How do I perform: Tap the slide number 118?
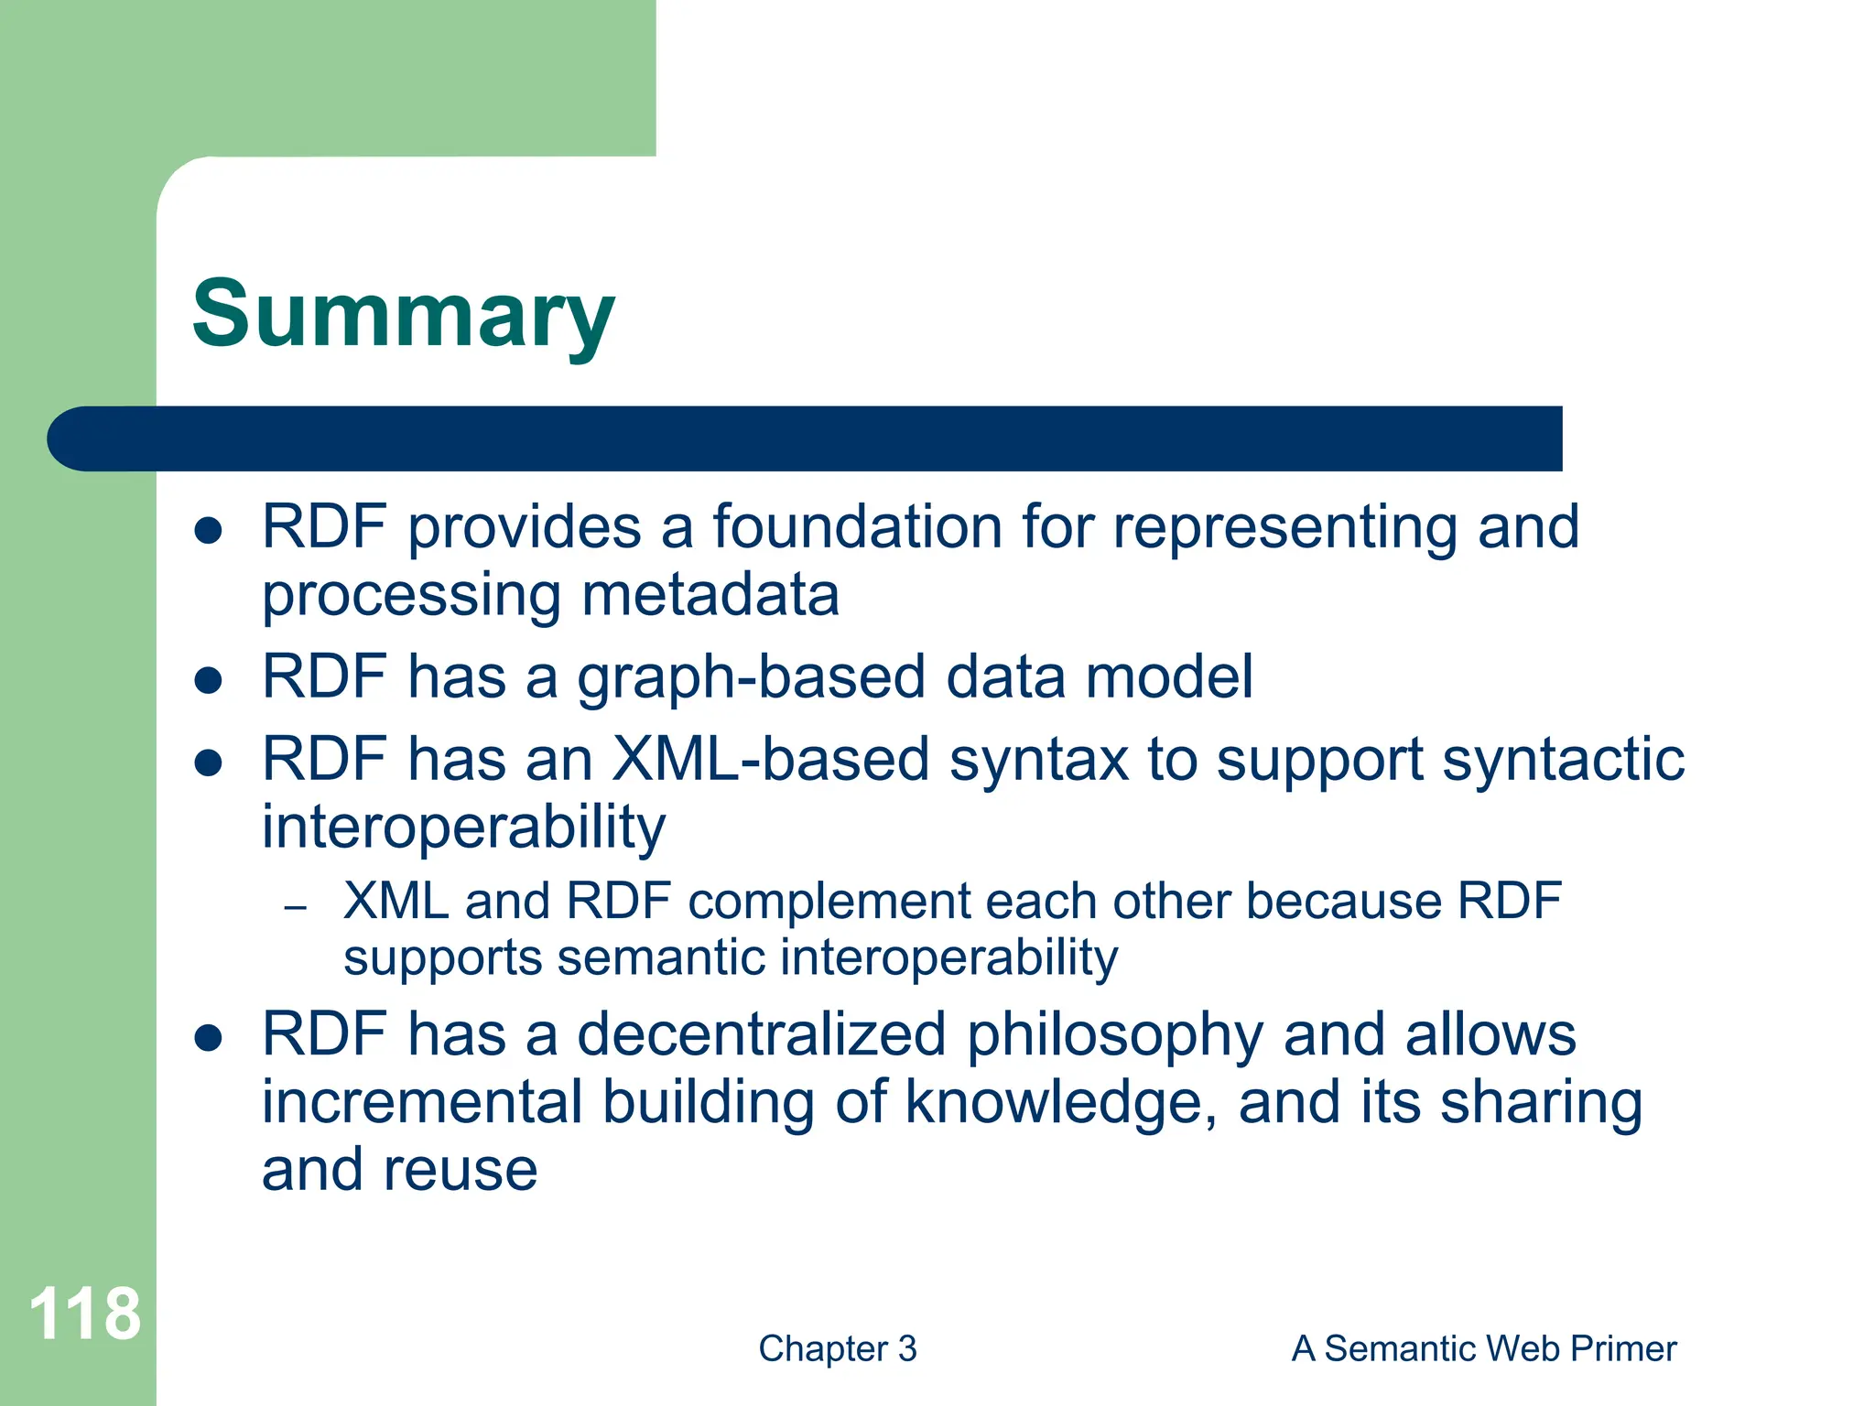(84, 1314)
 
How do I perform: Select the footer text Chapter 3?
(837, 1348)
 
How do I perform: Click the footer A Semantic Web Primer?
(1483, 1348)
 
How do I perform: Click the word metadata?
(710, 595)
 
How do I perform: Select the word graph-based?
(751, 677)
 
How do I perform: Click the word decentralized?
(761, 1034)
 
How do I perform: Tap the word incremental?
(422, 1102)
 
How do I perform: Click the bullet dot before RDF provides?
(209, 530)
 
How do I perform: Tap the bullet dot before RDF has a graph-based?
(209, 680)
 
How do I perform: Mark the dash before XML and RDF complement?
(294, 908)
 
